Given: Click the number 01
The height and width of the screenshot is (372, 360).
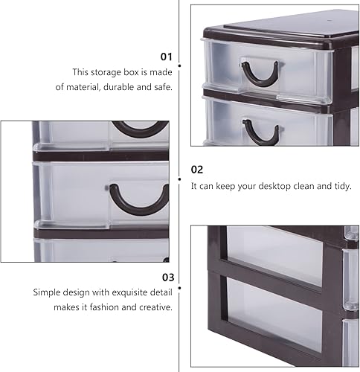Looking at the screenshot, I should click(167, 56).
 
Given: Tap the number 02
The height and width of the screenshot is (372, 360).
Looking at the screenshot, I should click(197, 170).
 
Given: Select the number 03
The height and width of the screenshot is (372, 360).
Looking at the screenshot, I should click(167, 277).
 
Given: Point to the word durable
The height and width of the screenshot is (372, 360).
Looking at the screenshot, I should click(123, 86).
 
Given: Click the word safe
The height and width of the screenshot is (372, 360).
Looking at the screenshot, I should click(163, 86).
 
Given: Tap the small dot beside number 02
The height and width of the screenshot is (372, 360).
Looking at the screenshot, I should click(181, 179).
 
